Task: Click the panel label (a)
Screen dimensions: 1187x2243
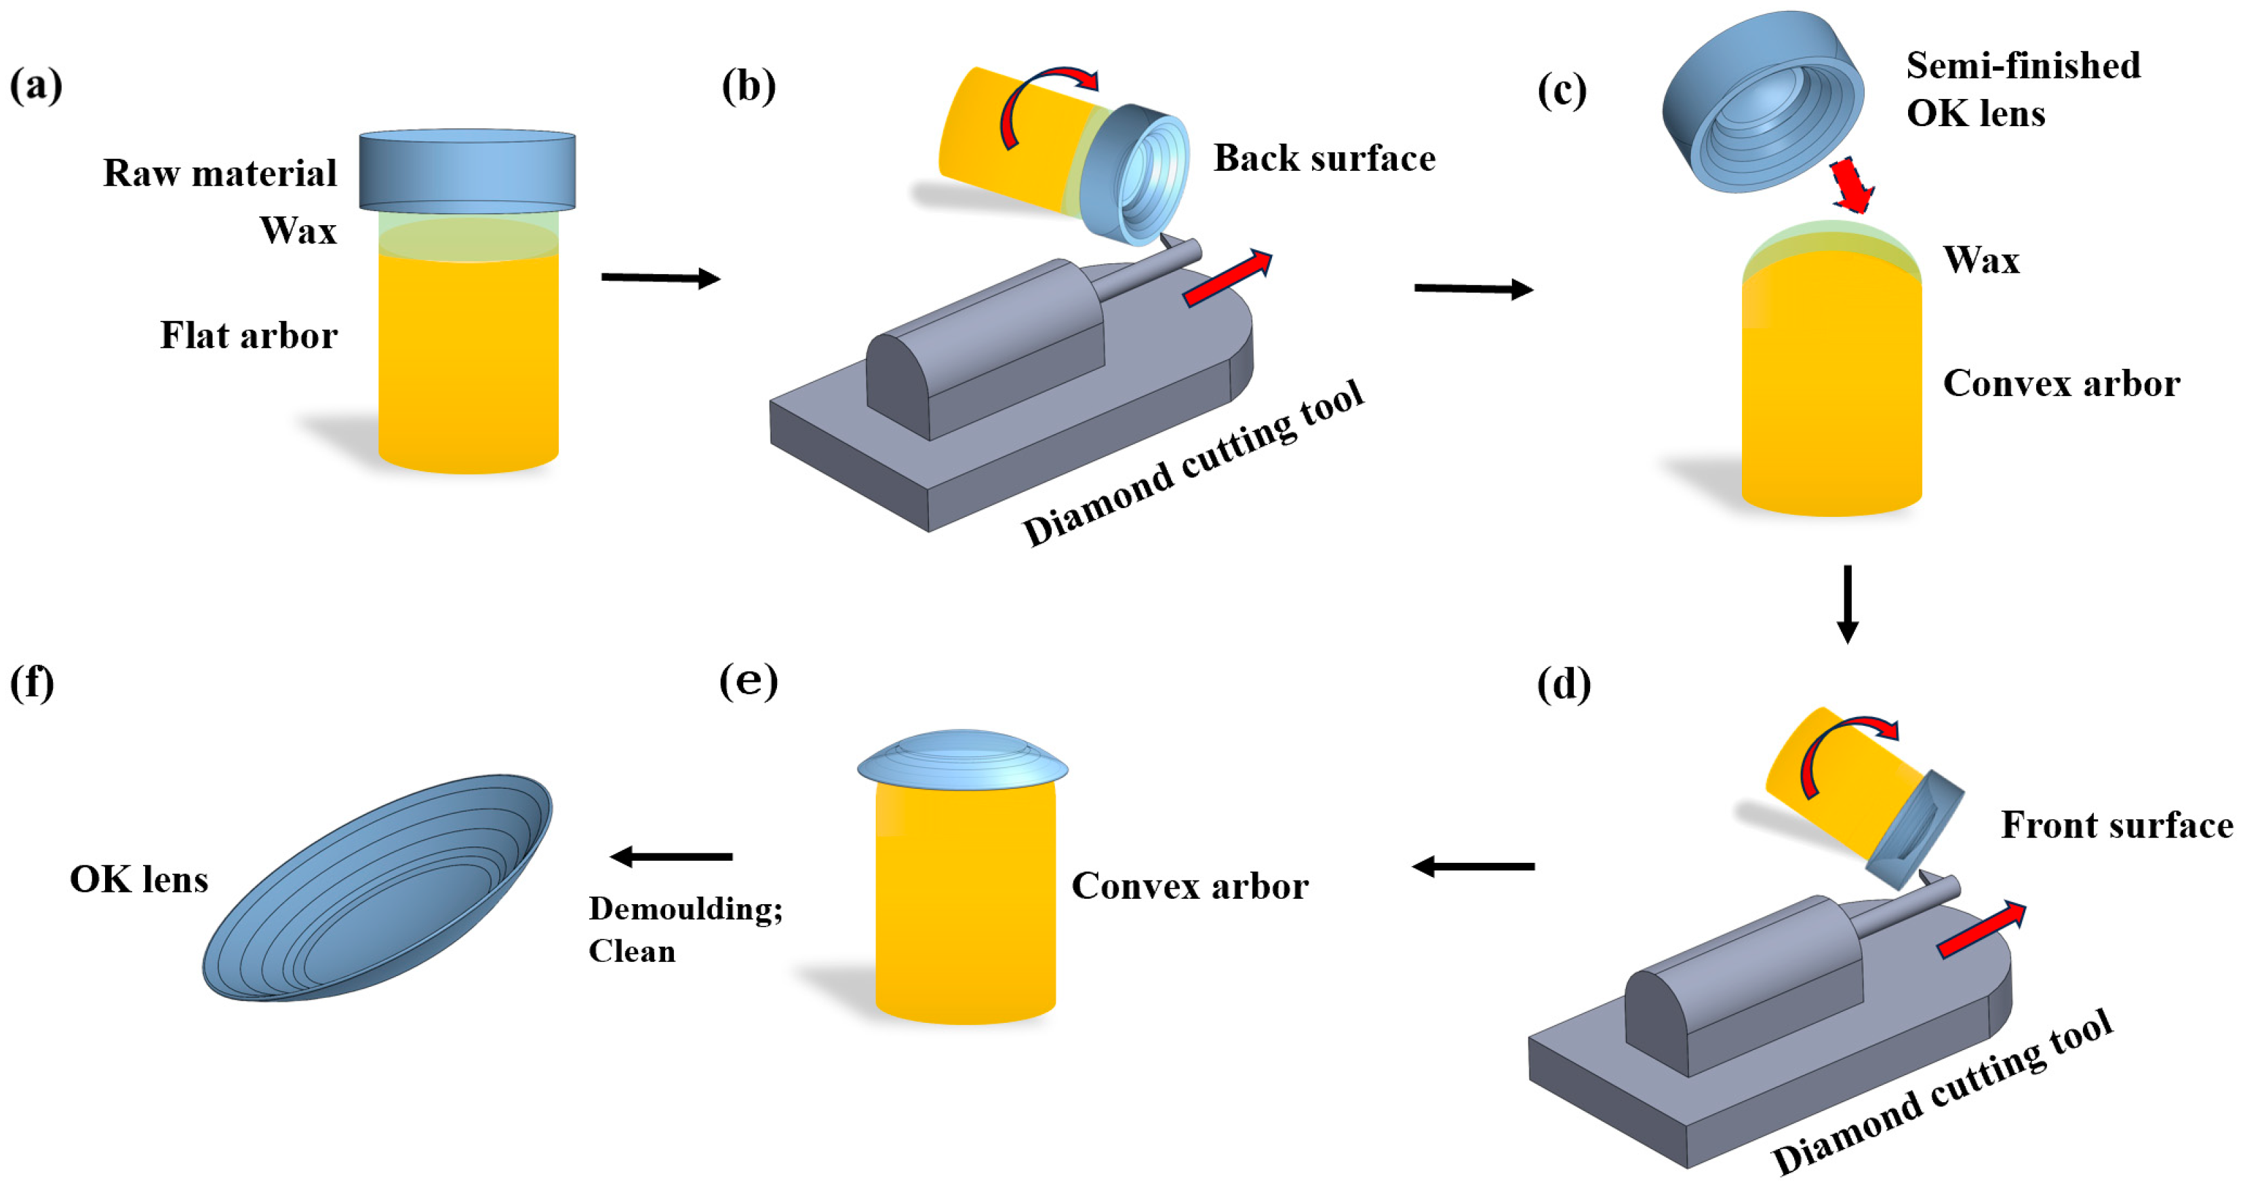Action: pos(36,86)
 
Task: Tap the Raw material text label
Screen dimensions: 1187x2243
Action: pos(220,174)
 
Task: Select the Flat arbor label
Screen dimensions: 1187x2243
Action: pos(248,335)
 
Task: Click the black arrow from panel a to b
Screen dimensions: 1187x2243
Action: pos(660,278)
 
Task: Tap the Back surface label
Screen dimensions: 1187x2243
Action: pos(1324,159)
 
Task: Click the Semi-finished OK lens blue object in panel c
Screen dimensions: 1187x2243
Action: pos(1762,101)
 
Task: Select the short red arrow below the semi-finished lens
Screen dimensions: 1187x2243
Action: pos(1851,184)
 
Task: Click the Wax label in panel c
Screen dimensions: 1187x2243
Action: pos(1981,260)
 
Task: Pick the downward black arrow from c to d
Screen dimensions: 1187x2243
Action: pos(1847,604)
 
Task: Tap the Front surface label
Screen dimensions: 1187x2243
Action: pos(2117,825)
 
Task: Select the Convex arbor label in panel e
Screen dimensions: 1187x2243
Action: pos(1189,887)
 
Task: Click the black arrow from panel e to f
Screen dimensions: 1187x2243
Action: pos(671,857)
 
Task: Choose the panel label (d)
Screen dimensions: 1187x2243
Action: pos(1563,684)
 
